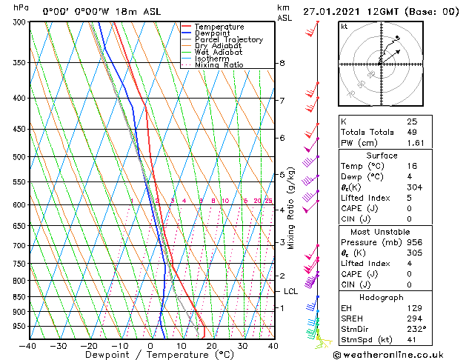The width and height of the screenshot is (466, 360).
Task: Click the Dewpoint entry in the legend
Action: point(210,33)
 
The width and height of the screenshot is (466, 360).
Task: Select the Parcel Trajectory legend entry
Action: point(228,40)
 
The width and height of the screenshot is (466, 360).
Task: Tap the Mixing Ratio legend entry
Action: point(219,65)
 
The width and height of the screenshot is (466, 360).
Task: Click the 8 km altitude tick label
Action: point(282,64)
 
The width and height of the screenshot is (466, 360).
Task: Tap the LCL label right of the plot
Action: point(290,292)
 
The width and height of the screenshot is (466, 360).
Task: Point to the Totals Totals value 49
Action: point(412,132)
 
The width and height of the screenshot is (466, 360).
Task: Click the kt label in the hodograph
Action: point(344,26)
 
